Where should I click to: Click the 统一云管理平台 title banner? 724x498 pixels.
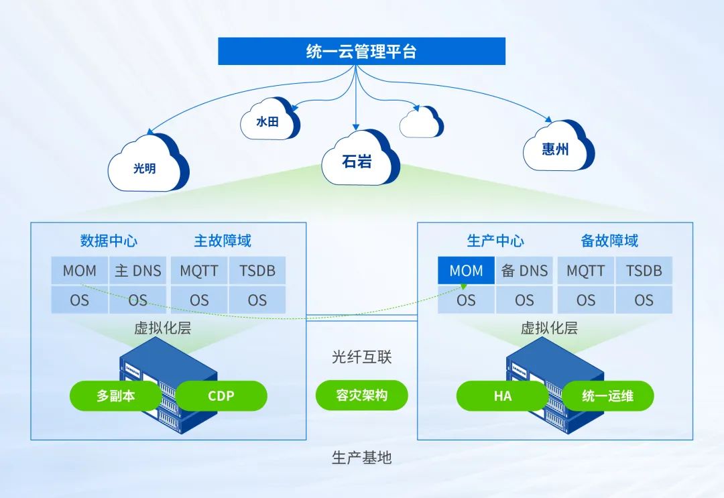point(361,52)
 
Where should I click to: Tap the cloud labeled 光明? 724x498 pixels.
point(145,166)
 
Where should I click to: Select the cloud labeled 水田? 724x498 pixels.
point(268,121)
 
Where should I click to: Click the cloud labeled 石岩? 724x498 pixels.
point(357,160)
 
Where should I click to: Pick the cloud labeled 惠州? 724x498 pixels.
point(556,147)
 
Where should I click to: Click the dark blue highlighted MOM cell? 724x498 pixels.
point(466,271)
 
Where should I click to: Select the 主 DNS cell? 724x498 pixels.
point(138,271)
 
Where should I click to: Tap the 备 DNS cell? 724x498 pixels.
point(524,271)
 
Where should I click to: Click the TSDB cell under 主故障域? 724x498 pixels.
point(257,271)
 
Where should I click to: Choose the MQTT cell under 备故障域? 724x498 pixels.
point(585,271)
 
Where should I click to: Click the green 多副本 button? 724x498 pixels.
point(115,395)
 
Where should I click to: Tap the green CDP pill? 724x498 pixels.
point(221,395)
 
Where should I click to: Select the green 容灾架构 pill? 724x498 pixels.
point(361,395)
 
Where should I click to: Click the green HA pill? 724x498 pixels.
point(503,395)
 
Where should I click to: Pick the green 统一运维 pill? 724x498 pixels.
point(607,395)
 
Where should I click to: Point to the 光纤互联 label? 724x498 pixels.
point(361,357)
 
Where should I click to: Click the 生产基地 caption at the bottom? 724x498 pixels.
point(361,458)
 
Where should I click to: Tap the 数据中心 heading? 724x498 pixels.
point(109,240)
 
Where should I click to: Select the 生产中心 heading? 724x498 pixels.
point(495,240)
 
